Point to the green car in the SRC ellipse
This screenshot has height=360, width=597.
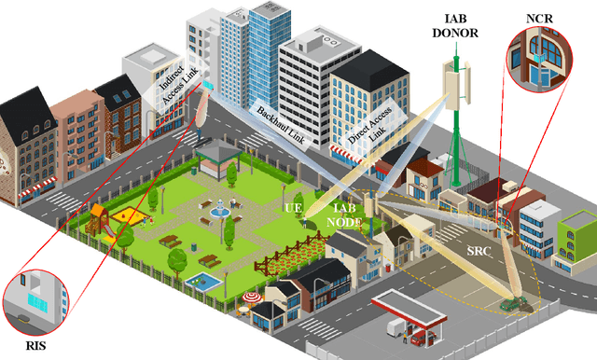(511, 302)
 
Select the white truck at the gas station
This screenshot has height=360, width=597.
(396, 327)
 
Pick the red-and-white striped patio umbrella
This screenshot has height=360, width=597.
(253, 298)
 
